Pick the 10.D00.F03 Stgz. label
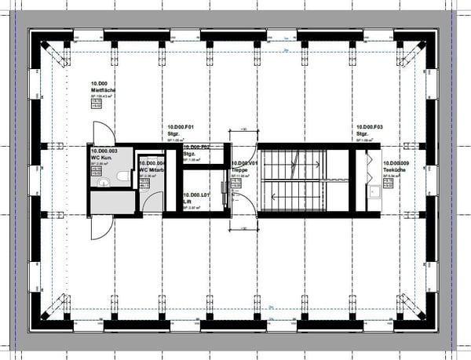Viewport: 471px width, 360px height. pyautogui.click(x=370, y=129)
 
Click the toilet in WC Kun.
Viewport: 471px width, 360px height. pyautogui.click(x=122, y=179)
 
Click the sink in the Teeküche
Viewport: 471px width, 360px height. pyautogui.click(x=376, y=191)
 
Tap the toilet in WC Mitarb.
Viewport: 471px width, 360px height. pyautogui.click(x=144, y=182)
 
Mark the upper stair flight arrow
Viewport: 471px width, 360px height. pyautogui.click(x=294, y=165)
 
